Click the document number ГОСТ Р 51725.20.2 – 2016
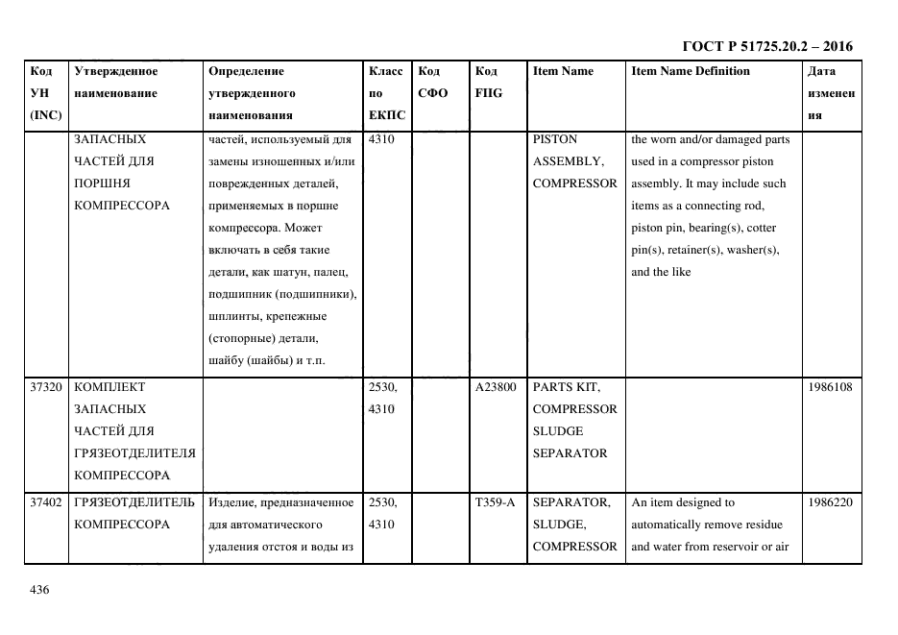click(x=766, y=46)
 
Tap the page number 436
click(x=39, y=590)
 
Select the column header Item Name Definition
click(x=691, y=71)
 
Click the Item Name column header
click(x=563, y=71)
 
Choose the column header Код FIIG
click(x=488, y=83)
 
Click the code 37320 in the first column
click(x=46, y=387)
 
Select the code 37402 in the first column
click(x=46, y=502)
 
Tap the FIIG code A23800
click(x=497, y=387)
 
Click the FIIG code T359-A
click(x=496, y=502)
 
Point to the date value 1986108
click(x=831, y=387)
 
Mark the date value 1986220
click(x=831, y=502)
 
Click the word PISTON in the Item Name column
click(x=554, y=139)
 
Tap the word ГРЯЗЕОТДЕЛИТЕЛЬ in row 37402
click(x=133, y=502)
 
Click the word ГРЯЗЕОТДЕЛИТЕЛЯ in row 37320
click(x=133, y=453)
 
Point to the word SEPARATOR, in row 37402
click(x=570, y=502)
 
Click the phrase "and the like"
click(x=661, y=272)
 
